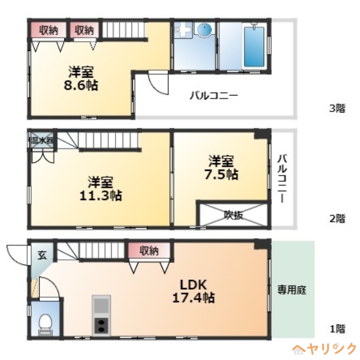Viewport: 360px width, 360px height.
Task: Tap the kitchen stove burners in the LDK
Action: (x=101, y=325)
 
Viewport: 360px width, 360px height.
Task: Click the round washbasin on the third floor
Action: (x=205, y=31)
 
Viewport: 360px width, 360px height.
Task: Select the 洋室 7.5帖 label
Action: (x=220, y=167)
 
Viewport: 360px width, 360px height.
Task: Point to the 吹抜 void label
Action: (x=234, y=215)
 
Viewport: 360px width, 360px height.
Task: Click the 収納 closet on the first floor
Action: (x=149, y=251)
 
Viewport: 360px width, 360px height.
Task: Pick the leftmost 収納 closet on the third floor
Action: (x=48, y=30)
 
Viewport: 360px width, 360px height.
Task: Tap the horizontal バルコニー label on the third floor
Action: (x=213, y=95)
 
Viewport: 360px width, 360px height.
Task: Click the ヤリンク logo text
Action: (x=331, y=348)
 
